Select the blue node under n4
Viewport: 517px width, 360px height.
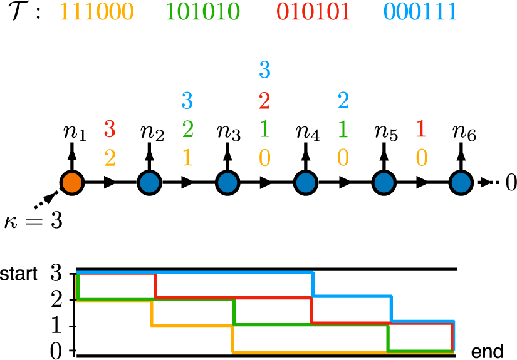[x=305, y=183]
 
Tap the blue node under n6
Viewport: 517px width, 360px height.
[x=462, y=183]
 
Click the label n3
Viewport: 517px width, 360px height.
[x=228, y=132]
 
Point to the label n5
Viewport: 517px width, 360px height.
[x=385, y=132]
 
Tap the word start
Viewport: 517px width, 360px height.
[x=19, y=274]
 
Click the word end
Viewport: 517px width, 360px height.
[x=487, y=352]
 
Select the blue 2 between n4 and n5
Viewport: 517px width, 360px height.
[x=343, y=100]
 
